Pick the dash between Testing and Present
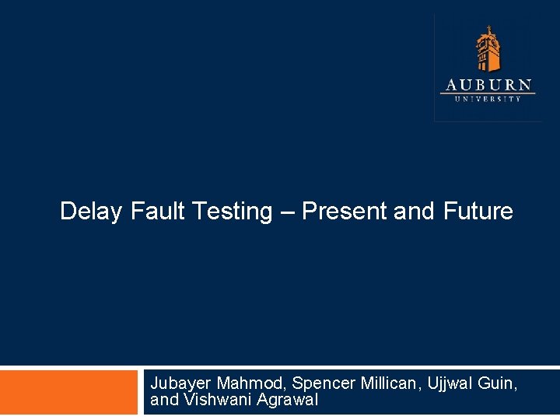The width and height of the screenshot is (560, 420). (x=287, y=212)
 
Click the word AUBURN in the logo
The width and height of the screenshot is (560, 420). (x=488, y=85)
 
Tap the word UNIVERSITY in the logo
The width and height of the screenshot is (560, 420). (x=488, y=99)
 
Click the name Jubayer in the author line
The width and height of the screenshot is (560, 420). (x=180, y=383)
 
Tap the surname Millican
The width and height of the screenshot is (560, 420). (x=391, y=383)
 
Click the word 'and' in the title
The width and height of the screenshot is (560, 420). (x=414, y=211)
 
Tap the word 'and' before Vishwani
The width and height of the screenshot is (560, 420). (x=163, y=400)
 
